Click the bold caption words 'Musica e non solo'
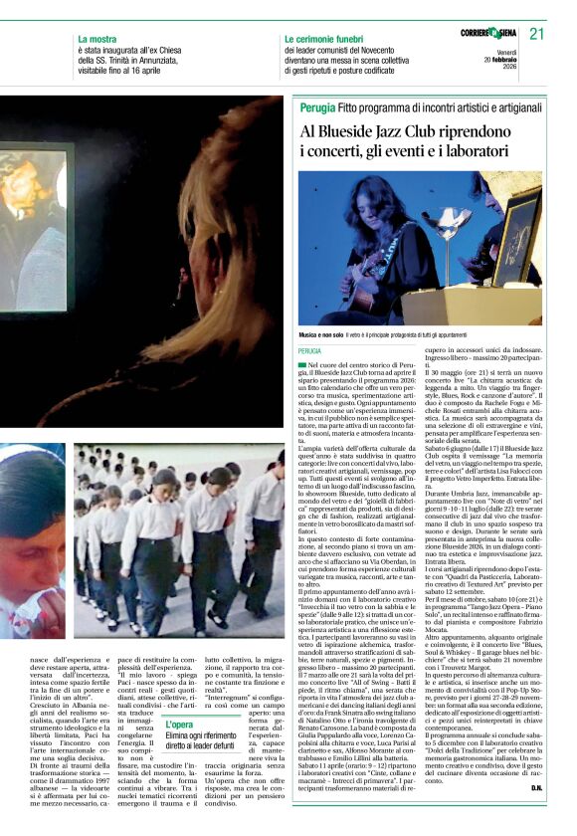click(x=327, y=336)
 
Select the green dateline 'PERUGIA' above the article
click(x=309, y=351)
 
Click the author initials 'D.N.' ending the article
click(x=536, y=788)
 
